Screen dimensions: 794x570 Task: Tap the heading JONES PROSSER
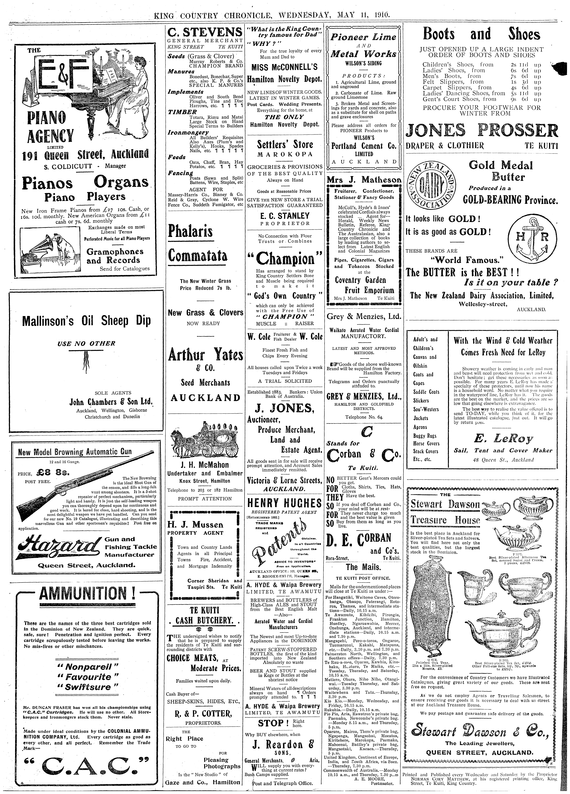(482, 131)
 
